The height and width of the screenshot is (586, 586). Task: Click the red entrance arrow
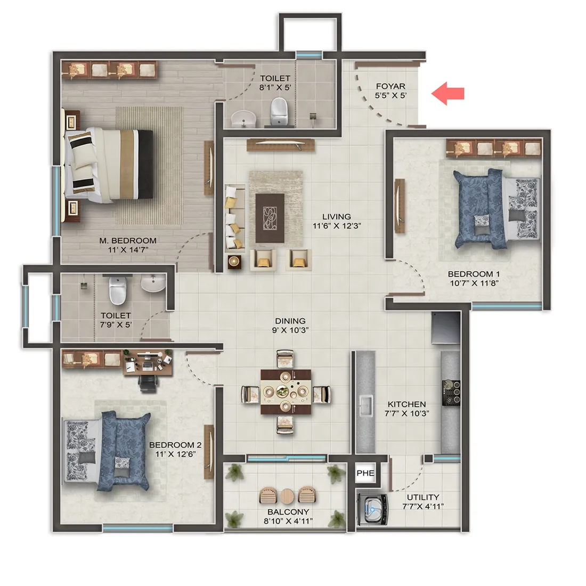point(448,94)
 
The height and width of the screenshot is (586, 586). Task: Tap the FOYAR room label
point(390,86)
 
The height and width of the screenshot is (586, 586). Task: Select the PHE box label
point(365,473)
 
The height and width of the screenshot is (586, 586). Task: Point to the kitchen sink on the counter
point(365,405)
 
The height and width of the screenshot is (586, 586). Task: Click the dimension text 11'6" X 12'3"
point(336,226)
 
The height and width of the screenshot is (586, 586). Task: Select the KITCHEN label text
point(406,404)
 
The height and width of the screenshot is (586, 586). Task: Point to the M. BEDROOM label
point(128,240)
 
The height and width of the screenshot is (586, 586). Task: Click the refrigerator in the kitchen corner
point(445,329)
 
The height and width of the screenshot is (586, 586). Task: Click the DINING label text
point(290,321)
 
